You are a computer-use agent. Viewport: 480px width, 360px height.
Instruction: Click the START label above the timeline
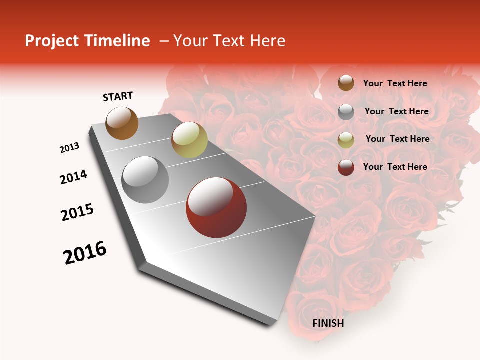118,96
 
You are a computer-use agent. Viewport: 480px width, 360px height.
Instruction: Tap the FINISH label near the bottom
328,323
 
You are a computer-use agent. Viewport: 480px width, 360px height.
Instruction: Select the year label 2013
69,148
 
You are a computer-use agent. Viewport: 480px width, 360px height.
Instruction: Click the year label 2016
85,253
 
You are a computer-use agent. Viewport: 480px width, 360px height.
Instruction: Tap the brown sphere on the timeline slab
122,123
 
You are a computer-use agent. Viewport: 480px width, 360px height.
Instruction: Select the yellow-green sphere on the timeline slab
189,140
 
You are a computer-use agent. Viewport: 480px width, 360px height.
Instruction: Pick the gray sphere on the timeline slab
145,179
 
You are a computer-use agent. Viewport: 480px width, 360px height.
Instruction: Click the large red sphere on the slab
216,207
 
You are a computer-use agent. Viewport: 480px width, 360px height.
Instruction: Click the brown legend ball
346,83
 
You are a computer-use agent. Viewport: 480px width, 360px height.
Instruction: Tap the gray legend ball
346,112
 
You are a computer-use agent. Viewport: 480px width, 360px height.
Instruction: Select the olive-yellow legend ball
346,140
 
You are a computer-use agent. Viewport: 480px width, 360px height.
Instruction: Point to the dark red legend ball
346,167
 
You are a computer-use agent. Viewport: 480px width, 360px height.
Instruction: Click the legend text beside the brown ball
395,83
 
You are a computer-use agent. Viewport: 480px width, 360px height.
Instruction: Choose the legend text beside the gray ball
396,111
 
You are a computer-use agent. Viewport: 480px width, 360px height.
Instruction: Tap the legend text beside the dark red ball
395,167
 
